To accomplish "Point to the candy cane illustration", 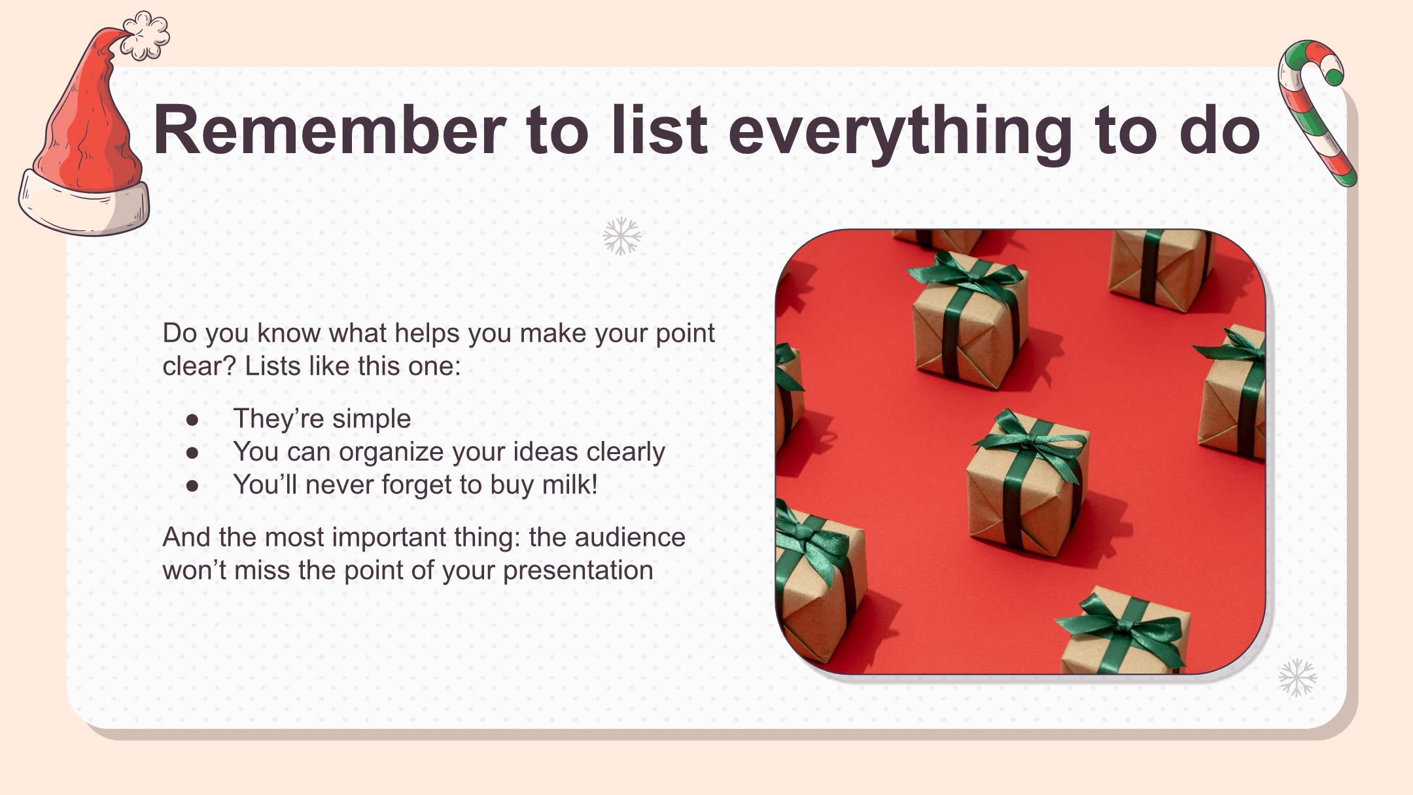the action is coord(1315,111).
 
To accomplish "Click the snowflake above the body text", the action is coord(622,236).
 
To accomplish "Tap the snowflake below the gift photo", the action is coord(1298,677).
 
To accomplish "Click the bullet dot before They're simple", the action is coord(192,419).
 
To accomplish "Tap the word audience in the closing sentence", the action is coord(630,537).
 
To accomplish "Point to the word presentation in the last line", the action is coord(578,571).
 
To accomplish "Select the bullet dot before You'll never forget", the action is coord(192,486).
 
